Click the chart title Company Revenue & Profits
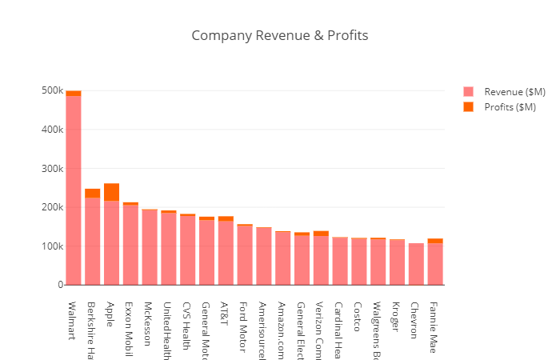[x=279, y=36]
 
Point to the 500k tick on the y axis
[x=52, y=90]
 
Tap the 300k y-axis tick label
[x=52, y=169]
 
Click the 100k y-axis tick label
[x=52, y=246]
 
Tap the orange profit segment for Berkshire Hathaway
[x=93, y=193]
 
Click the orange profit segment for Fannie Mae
[x=435, y=241]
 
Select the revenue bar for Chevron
[x=416, y=264]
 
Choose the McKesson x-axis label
[x=149, y=322]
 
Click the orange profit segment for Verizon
[x=321, y=234]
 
